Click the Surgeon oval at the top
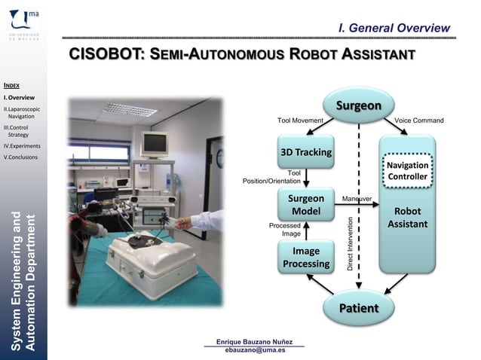tap(358, 105)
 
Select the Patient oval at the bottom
tap(358, 308)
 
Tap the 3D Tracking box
tap(305, 152)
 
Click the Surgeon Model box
tap(305, 205)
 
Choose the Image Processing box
tap(305, 257)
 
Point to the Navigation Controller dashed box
tap(407, 171)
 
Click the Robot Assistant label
tap(407, 218)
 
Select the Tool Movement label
tap(300, 121)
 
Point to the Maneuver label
tap(357, 198)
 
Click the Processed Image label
tap(285, 229)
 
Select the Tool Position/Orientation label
tap(271, 176)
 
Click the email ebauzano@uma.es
tap(255, 350)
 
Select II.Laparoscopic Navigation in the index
tap(19, 113)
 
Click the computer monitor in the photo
tap(154, 144)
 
